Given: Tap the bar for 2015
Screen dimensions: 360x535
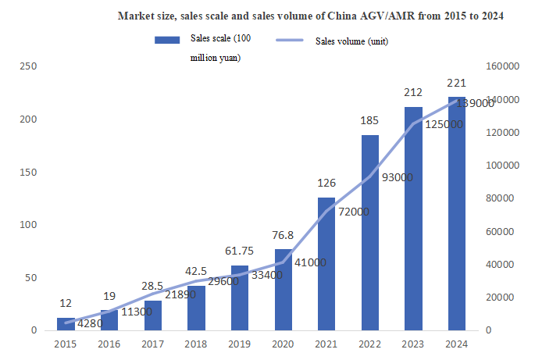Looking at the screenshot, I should [65, 324].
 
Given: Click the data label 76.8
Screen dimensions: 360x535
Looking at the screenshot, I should [283, 236].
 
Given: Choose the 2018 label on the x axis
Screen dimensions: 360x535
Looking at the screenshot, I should [196, 344].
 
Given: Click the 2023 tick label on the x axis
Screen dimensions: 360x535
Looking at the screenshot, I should [413, 344].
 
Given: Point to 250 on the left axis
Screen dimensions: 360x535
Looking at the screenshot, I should [28, 66].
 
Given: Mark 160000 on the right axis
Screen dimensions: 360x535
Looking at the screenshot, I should [501, 66].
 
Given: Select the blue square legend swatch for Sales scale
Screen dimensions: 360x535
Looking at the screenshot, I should [166, 41].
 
